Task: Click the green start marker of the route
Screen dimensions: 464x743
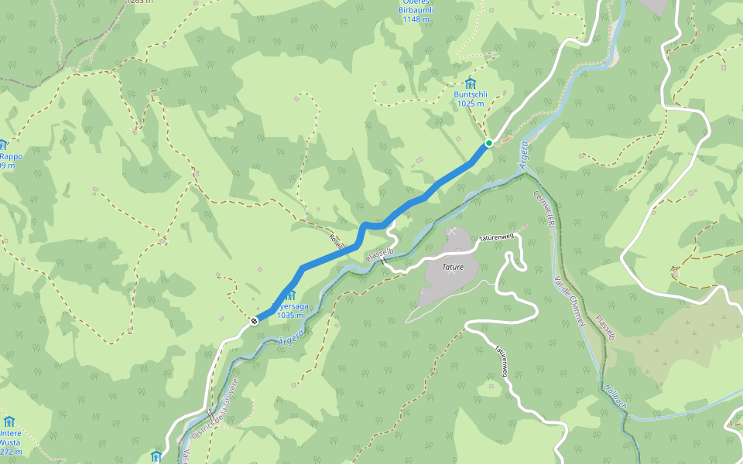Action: pyautogui.click(x=489, y=143)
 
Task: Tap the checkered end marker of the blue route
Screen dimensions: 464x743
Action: pyautogui.click(x=254, y=320)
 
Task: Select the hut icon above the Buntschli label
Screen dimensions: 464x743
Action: pyautogui.click(x=470, y=84)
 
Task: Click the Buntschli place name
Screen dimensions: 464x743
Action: pyautogui.click(x=469, y=95)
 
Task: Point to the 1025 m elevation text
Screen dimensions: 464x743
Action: pyautogui.click(x=470, y=104)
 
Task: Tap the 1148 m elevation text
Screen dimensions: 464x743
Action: pyautogui.click(x=416, y=19)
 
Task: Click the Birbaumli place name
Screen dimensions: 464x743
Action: pyautogui.click(x=416, y=10)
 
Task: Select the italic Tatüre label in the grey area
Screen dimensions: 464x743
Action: pyautogui.click(x=453, y=268)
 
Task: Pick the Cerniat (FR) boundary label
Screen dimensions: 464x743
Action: pyautogui.click(x=545, y=209)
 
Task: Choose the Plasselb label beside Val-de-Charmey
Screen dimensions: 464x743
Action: pyautogui.click(x=604, y=326)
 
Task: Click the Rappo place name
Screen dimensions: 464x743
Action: pyautogui.click(x=12, y=156)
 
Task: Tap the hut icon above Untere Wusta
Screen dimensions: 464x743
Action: pyautogui.click(x=9, y=421)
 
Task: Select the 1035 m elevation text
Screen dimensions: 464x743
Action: pyautogui.click(x=289, y=316)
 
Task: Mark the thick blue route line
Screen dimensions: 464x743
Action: pyautogui.click(x=333, y=252)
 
